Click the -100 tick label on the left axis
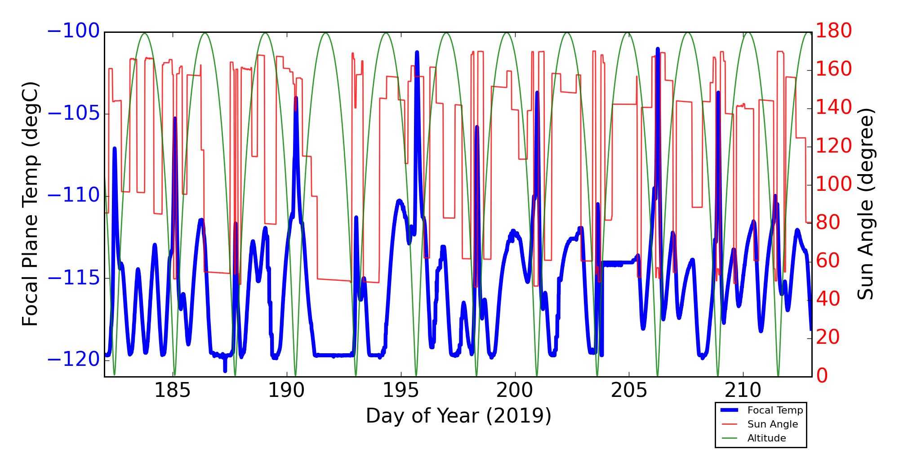click(73, 31)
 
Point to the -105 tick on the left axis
click(73, 113)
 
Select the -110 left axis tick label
click(73, 195)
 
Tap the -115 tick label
click(73, 278)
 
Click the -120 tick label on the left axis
click(73, 360)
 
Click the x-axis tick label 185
click(173, 390)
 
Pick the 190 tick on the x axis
click(287, 390)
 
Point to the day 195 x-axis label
click(401, 390)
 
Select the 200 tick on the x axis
click(515, 390)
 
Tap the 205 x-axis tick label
click(629, 390)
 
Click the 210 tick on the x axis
click(743, 390)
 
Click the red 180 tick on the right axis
click(834, 31)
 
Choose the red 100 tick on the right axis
click(834, 184)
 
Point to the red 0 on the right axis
click(822, 375)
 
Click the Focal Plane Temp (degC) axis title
click(30, 204)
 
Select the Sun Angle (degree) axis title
click(865, 204)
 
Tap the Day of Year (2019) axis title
click(458, 416)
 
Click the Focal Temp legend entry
click(775, 410)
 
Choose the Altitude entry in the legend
click(766, 438)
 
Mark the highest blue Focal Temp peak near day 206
click(658, 49)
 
